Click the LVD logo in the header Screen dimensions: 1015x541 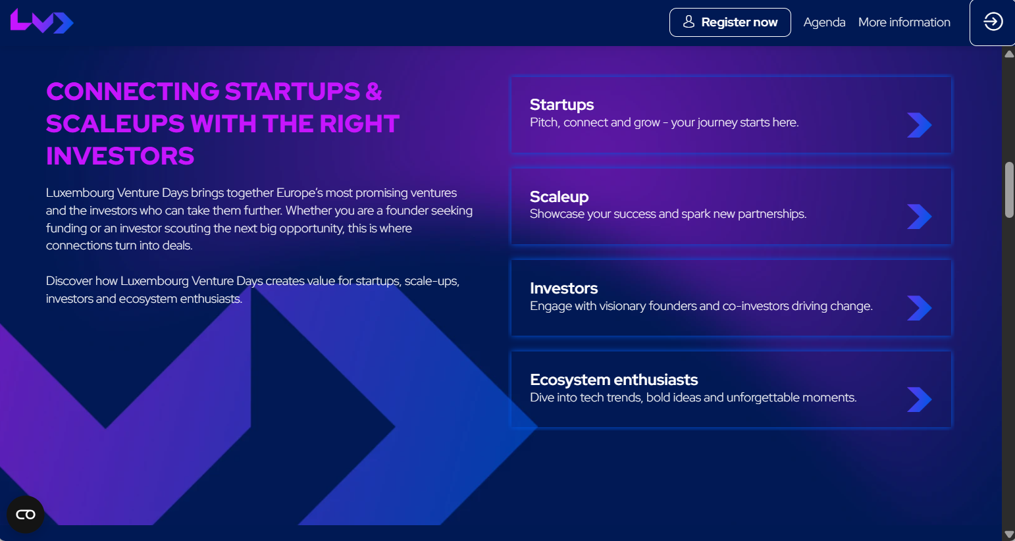tap(41, 21)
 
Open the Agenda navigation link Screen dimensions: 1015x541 tap(824, 22)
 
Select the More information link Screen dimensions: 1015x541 tap(904, 22)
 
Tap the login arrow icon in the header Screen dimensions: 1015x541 tap(993, 21)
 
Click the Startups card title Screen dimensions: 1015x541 tap(561, 105)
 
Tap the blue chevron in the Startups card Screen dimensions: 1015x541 tap(920, 125)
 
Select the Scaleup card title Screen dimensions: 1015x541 tap(559, 197)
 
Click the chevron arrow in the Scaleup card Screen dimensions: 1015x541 tap(920, 217)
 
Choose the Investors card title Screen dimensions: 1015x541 tap(563, 288)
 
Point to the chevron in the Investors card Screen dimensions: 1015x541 tap(920, 308)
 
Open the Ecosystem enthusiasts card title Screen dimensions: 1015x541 tap(614, 380)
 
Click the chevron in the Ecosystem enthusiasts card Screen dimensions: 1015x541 tap(920, 399)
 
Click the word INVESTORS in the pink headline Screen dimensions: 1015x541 tap(120, 156)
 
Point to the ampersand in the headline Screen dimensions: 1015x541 tap(374, 91)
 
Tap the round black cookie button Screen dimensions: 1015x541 tap(26, 514)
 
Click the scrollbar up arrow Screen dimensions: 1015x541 tap(1009, 55)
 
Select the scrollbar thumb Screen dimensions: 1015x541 tap(1009, 190)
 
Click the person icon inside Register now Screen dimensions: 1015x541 tap(689, 22)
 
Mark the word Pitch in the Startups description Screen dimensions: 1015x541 tap(544, 122)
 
